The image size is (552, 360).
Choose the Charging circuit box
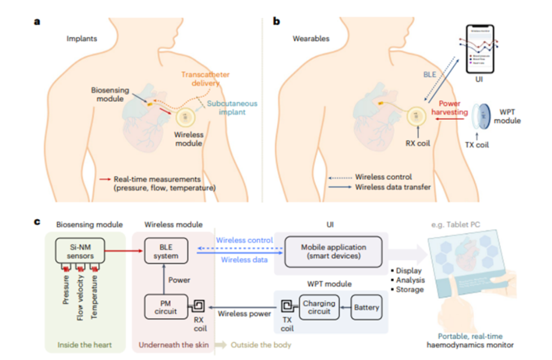319,308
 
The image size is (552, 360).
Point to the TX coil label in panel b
478,144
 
